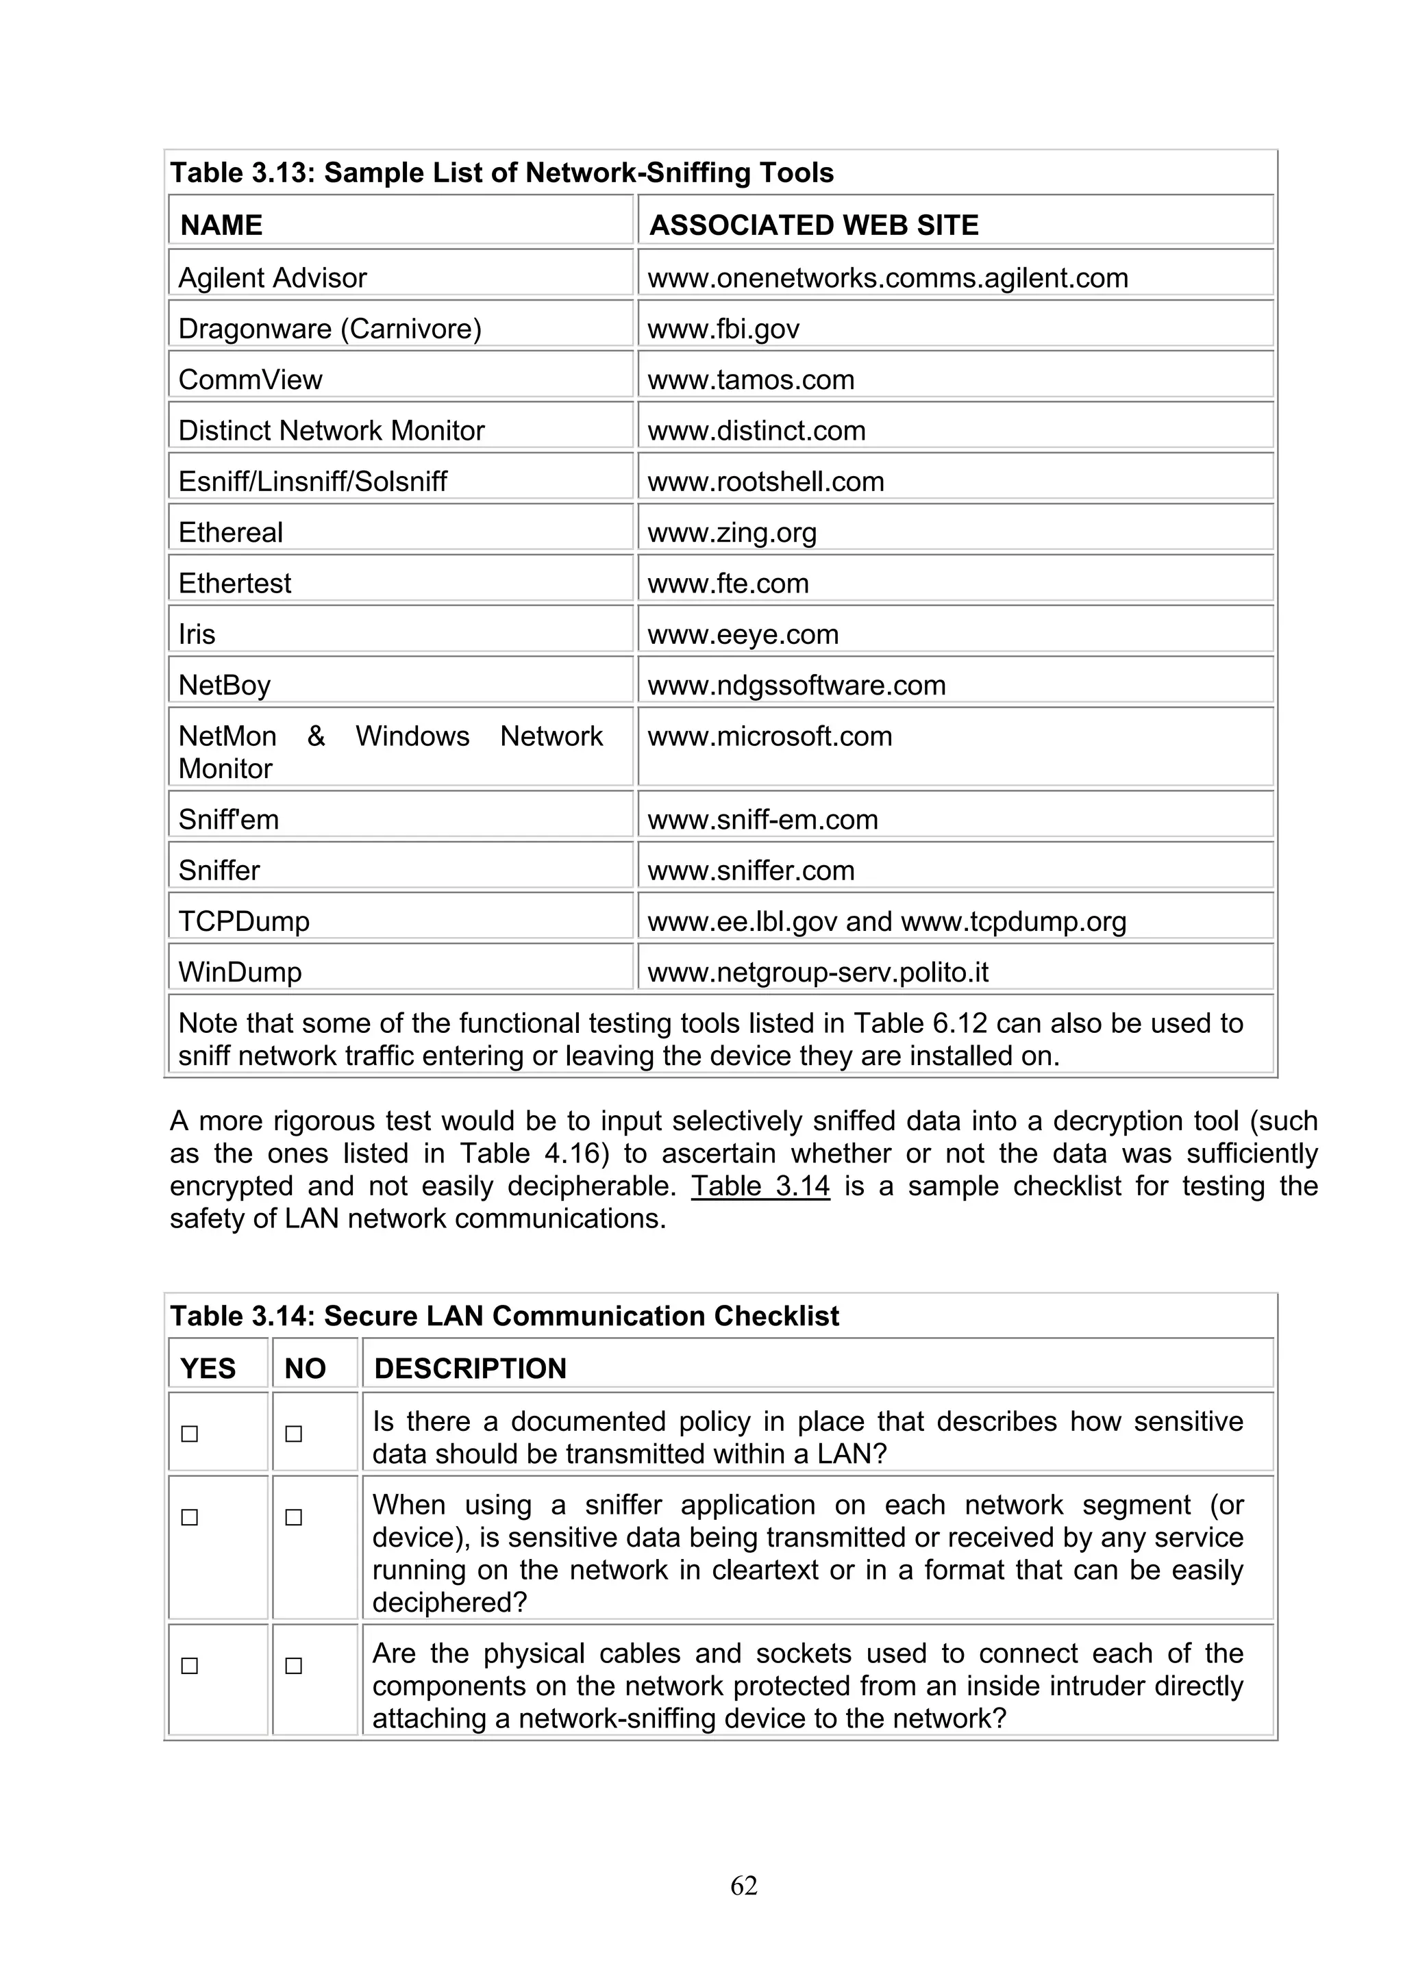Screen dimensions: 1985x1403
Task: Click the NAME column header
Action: [221, 225]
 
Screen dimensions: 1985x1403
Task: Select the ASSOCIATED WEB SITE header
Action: [813, 225]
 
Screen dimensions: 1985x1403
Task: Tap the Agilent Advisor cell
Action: [272, 277]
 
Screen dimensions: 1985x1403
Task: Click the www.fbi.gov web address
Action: [723, 329]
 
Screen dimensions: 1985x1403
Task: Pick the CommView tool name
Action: [250, 379]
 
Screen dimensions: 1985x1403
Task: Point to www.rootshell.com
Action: [766, 482]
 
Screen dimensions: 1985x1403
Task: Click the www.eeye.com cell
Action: [743, 634]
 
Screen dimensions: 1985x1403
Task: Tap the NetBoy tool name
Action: [224, 686]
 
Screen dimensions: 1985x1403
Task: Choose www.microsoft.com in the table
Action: [769, 736]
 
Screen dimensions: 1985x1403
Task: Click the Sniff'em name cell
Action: [228, 820]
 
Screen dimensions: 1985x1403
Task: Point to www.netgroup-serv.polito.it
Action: [818, 973]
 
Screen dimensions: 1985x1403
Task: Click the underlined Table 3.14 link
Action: [760, 1186]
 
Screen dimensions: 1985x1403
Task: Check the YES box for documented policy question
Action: [189, 1434]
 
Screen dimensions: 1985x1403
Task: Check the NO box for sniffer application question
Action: [294, 1517]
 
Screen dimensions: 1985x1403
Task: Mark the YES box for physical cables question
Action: [189, 1666]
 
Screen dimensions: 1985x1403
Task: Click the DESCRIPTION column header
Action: [470, 1369]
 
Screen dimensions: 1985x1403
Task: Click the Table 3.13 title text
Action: [501, 173]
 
